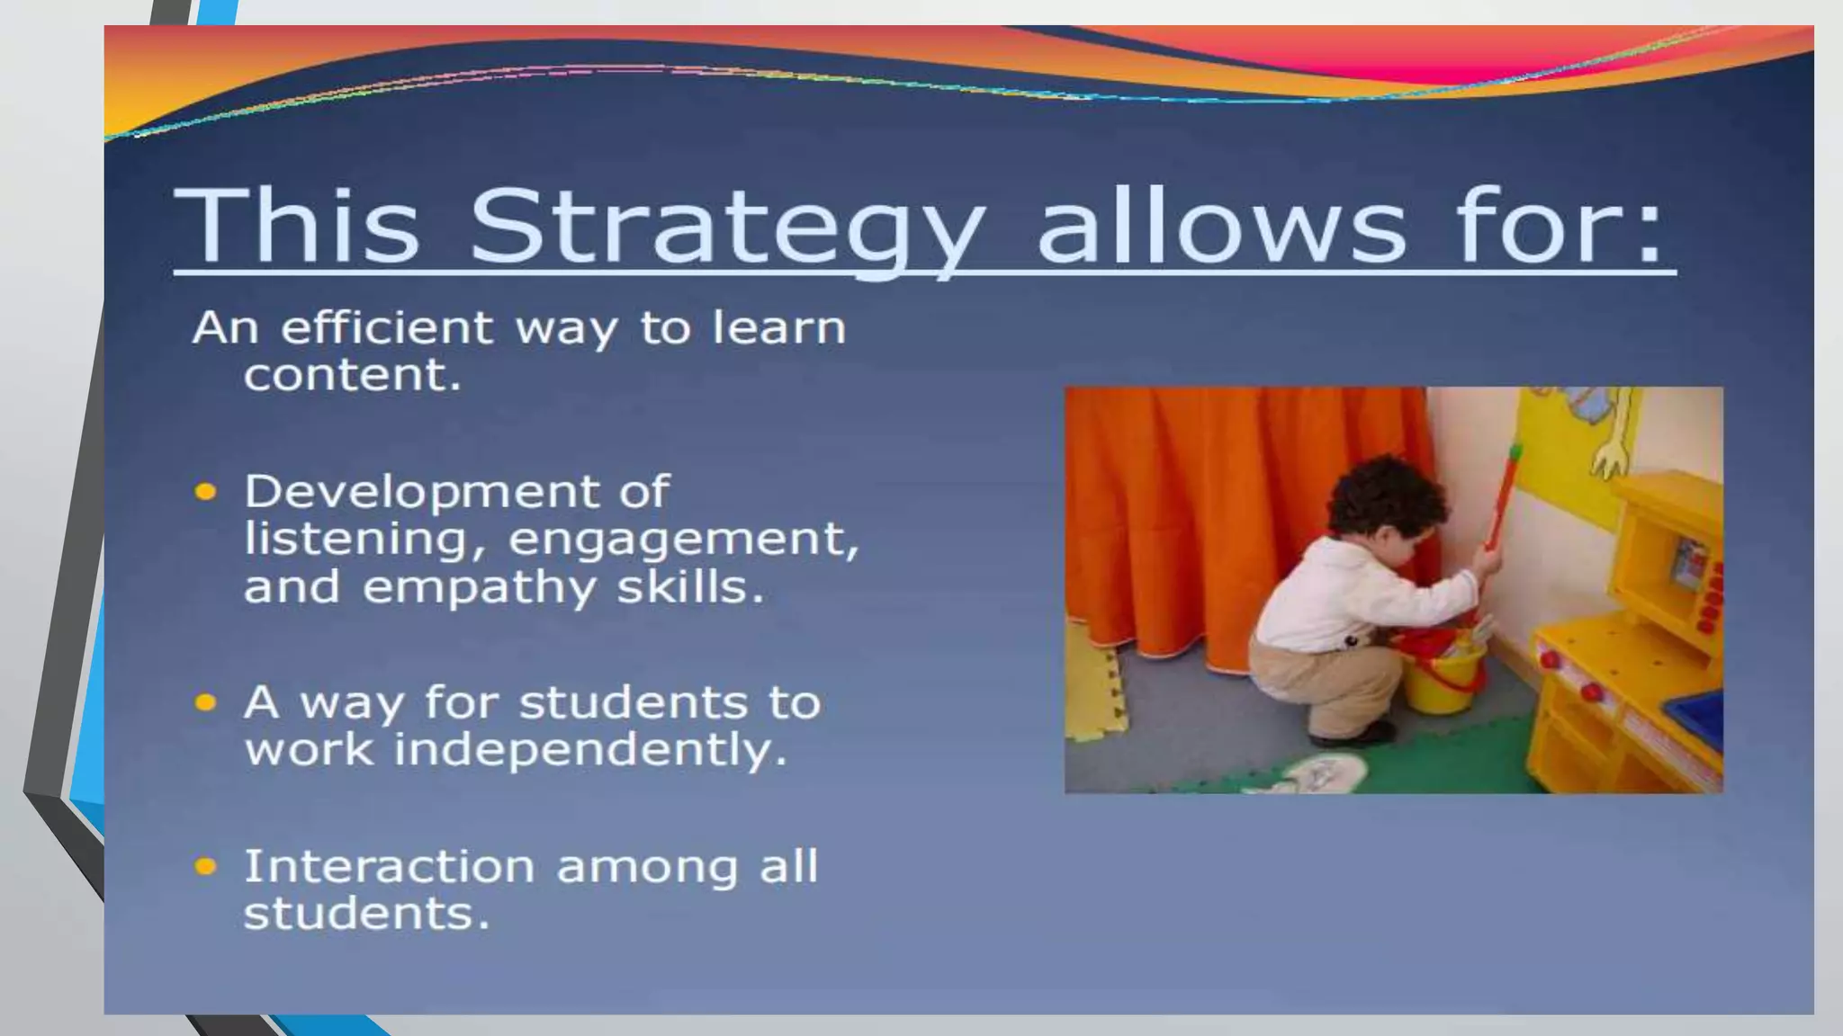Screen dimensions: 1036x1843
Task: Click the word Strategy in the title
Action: [x=727, y=227]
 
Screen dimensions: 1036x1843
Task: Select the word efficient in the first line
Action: [x=386, y=327]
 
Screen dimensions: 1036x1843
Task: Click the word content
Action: [x=352, y=375]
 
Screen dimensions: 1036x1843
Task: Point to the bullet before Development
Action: [x=206, y=492]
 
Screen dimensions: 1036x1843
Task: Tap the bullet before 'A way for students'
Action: [x=206, y=702]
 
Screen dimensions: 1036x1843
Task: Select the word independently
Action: [x=590, y=750]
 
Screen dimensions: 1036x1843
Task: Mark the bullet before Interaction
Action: [x=206, y=867]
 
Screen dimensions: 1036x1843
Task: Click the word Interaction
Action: [x=389, y=867]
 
